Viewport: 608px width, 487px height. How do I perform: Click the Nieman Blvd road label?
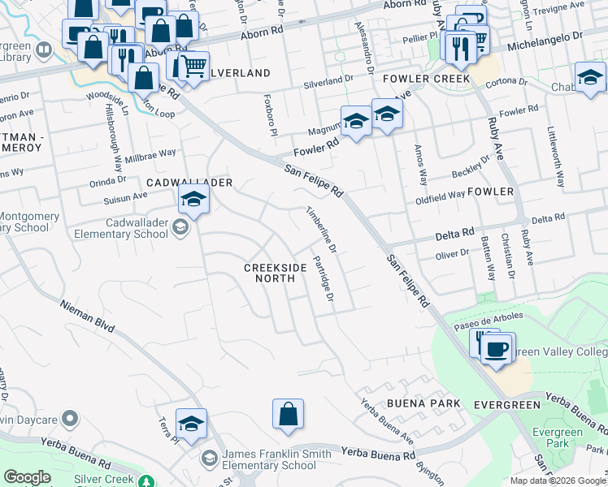click(x=86, y=316)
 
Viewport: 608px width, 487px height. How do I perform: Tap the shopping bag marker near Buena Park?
click(x=289, y=414)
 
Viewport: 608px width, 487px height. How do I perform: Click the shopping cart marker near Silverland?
click(x=193, y=67)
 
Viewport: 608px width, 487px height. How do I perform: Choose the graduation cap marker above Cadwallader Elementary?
click(x=193, y=198)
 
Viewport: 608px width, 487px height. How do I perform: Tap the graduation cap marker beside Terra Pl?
click(x=191, y=425)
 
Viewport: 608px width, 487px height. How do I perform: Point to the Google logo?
click(x=27, y=477)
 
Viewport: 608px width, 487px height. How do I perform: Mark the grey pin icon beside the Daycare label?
click(x=71, y=419)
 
